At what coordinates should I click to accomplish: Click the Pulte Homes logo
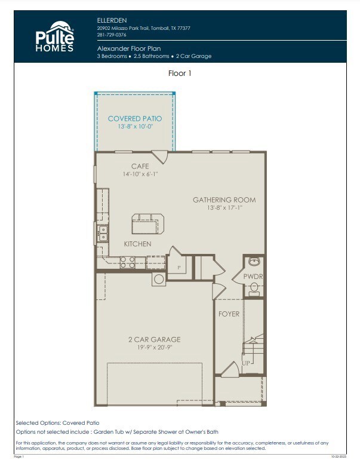coord(54,36)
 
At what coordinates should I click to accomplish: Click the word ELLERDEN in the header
coord(111,20)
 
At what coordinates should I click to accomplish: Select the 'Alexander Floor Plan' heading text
coord(128,48)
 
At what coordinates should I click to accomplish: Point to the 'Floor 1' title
coord(180,73)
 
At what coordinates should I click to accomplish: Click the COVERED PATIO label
coord(134,118)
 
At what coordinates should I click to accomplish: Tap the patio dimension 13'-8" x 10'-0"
coord(134,126)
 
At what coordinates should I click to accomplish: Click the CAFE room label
coord(140,166)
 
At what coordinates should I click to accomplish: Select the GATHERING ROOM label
coord(224,200)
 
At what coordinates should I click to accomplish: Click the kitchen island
coord(147,223)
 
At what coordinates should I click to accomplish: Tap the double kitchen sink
coord(103,233)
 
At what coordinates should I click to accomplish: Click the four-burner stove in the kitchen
coord(127,261)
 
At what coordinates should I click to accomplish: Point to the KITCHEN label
coord(137,244)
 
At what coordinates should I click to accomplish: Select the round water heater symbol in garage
coord(159,279)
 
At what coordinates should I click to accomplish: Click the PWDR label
coord(253,277)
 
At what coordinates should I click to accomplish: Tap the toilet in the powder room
coord(254,289)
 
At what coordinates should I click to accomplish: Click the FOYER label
coord(229,314)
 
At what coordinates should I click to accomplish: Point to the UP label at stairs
coord(245,362)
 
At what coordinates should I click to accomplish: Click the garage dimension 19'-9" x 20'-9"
coord(154,347)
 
